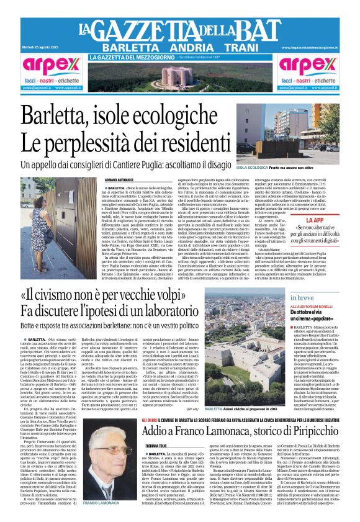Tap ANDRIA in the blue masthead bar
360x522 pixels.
[188, 48]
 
